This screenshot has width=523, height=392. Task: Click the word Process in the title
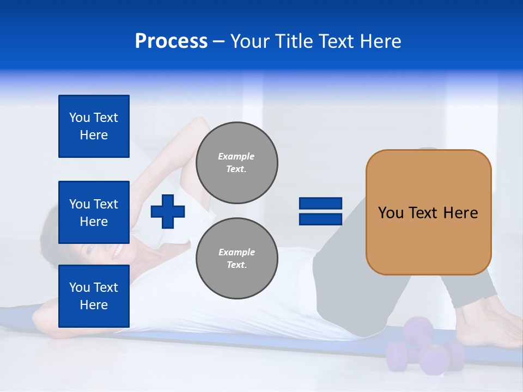171,41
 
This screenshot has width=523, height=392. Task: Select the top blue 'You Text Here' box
94,126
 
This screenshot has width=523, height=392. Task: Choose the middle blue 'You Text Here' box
94,212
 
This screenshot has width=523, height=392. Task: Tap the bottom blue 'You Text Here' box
94,296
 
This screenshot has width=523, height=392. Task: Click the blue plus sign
168,211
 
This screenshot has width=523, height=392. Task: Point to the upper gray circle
236,163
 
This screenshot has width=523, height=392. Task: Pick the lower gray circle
236,259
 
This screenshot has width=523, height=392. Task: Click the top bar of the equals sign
320,204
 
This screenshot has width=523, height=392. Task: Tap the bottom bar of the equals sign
320,219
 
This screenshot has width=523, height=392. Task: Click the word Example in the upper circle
236,156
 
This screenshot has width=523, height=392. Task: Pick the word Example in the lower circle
236,252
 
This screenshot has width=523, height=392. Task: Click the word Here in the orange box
460,213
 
